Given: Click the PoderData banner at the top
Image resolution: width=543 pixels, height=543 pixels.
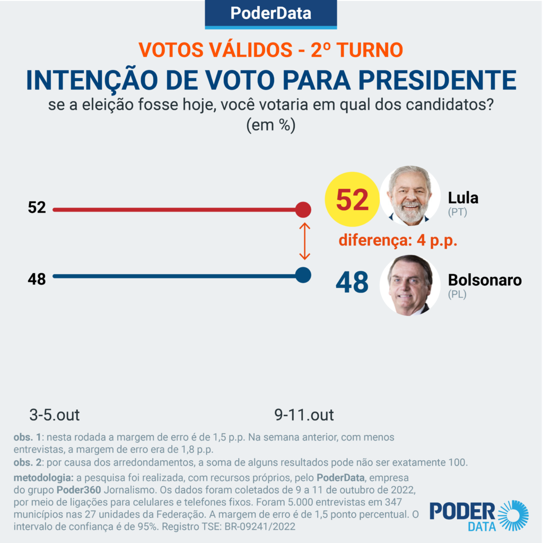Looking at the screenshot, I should (x=271, y=13).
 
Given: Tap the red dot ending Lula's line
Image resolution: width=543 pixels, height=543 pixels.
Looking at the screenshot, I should (x=303, y=210).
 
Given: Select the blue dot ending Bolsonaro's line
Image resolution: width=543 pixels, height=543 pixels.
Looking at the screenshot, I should (x=303, y=275).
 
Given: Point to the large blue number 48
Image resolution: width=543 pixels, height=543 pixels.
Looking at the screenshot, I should (x=352, y=283).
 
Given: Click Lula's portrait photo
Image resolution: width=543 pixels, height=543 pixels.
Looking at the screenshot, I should (x=410, y=195).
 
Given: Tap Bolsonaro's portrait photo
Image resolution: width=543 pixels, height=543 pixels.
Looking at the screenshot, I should (x=410, y=285).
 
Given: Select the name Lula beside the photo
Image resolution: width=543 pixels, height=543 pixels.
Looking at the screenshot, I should (x=463, y=198).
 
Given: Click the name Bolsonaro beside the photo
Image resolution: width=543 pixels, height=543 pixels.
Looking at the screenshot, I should (x=485, y=280).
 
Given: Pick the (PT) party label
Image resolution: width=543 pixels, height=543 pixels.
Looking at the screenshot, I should (x=457, y=213).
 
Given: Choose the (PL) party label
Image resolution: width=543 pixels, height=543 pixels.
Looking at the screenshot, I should (x=457, y=294).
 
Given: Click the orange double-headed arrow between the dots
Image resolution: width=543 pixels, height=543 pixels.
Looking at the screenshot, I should (x=304, y=241).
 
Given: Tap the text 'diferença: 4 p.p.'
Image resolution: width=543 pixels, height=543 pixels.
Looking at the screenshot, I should (x=398, y=240).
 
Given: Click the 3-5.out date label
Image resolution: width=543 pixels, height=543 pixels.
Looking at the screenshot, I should (x=55, y=415).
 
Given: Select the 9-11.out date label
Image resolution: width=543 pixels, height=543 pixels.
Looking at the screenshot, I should (x=304, y=415).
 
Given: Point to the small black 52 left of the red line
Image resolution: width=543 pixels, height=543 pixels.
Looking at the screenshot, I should (x=37, y=208).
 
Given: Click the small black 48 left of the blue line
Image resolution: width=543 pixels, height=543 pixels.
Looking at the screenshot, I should (x=37, y=279).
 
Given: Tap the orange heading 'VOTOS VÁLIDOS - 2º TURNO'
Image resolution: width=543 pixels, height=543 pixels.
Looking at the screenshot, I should (x=271, y=50).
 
